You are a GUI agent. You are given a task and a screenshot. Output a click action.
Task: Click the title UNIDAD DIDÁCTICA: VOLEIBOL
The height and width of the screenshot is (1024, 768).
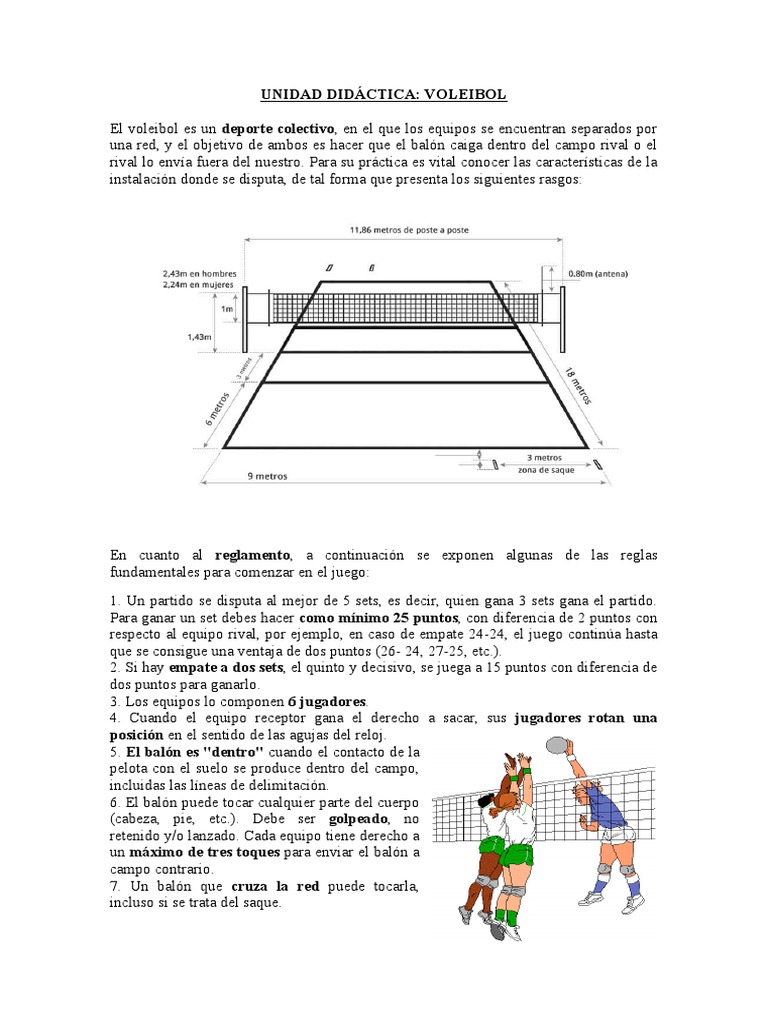point(384,95)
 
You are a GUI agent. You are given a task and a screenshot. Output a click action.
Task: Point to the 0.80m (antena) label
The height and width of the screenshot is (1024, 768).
point(599,272)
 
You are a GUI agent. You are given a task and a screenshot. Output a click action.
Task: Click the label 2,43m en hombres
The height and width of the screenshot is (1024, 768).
point(198,273)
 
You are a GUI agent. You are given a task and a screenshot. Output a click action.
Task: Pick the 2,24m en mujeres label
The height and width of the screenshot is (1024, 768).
point(198,284)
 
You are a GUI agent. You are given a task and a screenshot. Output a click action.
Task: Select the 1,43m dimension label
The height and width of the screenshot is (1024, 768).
point(199,337)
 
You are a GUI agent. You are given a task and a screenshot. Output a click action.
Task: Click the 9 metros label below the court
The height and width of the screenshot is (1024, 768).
point(267,477)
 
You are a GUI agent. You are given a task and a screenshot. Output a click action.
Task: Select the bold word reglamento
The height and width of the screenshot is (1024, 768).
point(253,555)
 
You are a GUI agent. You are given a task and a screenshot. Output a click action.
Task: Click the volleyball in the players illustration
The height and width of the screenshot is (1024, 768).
point(556,745)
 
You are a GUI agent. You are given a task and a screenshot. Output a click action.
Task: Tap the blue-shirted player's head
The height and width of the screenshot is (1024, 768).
point(581,791)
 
